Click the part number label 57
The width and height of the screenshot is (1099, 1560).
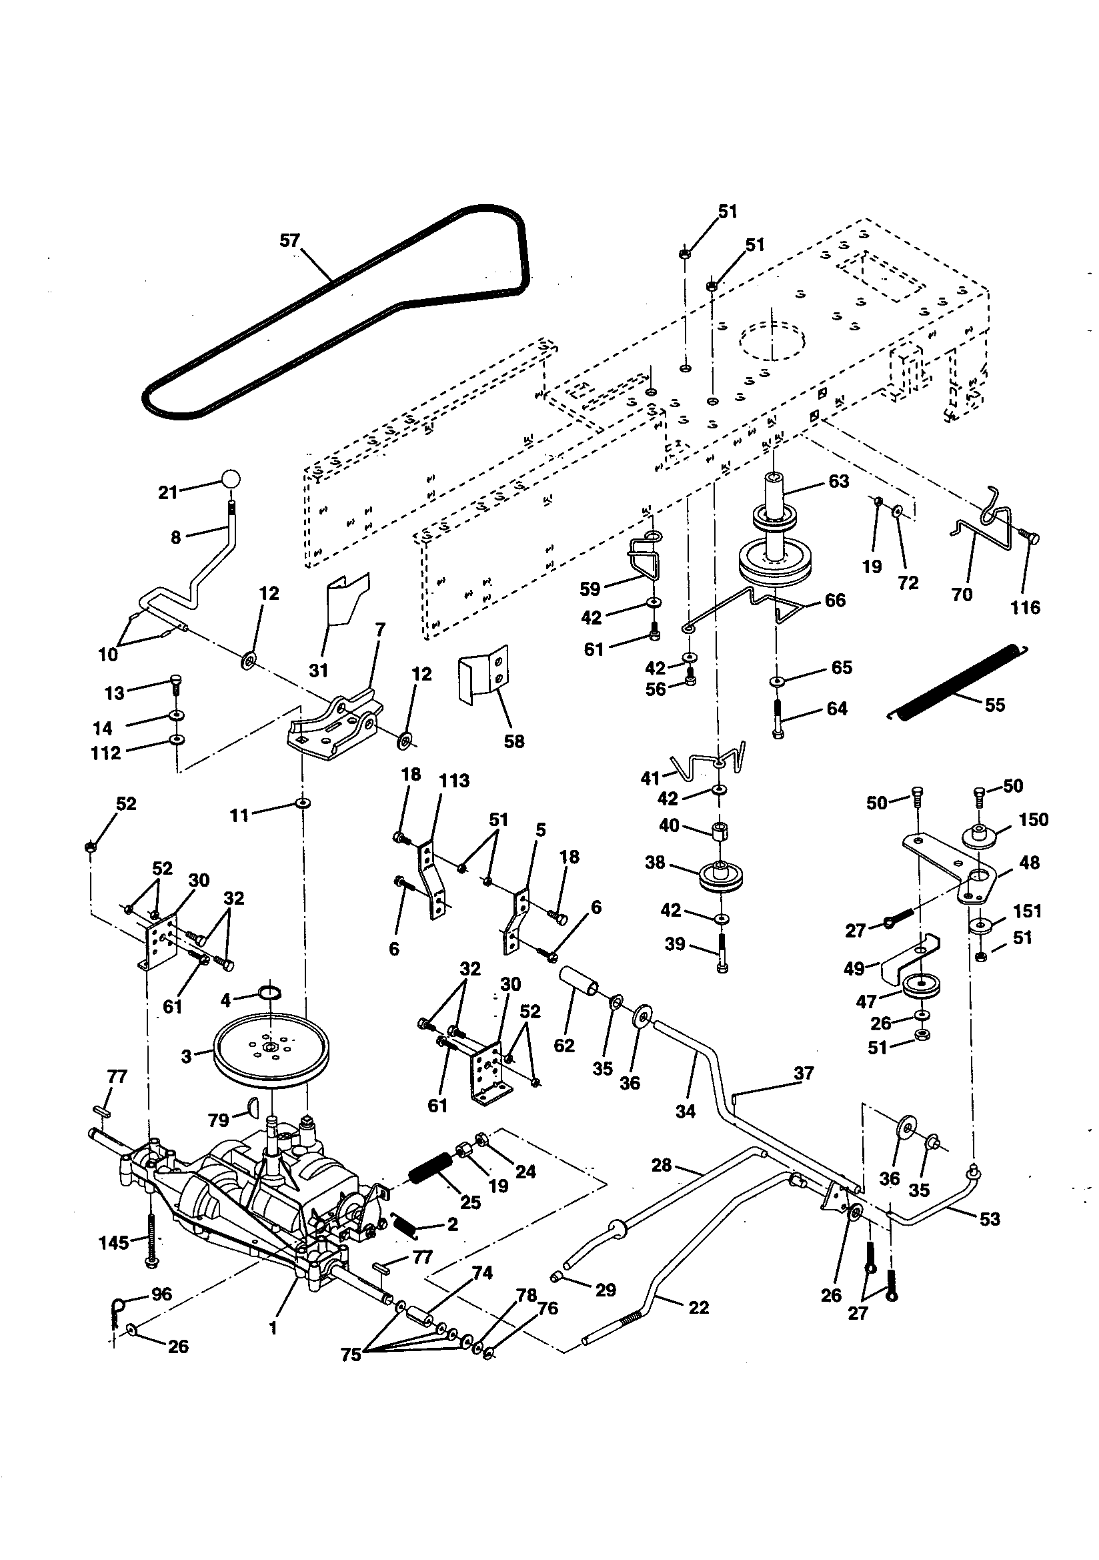(x=290, y=240)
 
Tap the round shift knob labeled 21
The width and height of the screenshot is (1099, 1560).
(x=230, y=478)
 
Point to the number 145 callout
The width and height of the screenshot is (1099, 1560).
(x=113, y=1242)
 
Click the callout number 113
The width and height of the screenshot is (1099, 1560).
(x=454, y=781)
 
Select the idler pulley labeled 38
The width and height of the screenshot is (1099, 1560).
(x=721, y=877)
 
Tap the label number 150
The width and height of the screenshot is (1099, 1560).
(x=1033, y=819)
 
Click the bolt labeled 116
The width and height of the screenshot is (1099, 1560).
(x=1030, y=539)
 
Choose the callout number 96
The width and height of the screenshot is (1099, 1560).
(x=161, y=1294)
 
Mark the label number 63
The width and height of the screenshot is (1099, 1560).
(x=839, y=481)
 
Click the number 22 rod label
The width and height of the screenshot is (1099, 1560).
(x=698, y=1307)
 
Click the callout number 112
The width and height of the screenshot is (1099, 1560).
(x=106, y=753)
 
